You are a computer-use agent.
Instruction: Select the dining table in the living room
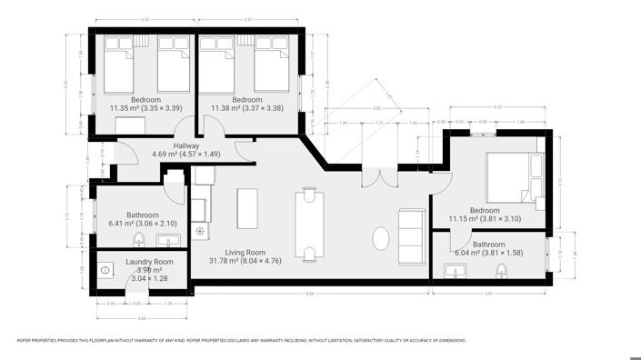(311, 224)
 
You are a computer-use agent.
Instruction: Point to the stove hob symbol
(200, 231)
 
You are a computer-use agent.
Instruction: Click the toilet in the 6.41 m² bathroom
(138, 240)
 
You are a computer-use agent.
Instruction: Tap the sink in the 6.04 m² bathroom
(455, 270)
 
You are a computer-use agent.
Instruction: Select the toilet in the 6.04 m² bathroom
(500, 270)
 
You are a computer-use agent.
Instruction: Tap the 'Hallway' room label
(186, 146)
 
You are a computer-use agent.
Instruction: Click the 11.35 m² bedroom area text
(145, 107)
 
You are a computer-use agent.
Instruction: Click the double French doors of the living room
(377, 173)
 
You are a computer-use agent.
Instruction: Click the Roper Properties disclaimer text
(241, 341)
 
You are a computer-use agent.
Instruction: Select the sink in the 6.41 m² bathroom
(169, 241)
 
